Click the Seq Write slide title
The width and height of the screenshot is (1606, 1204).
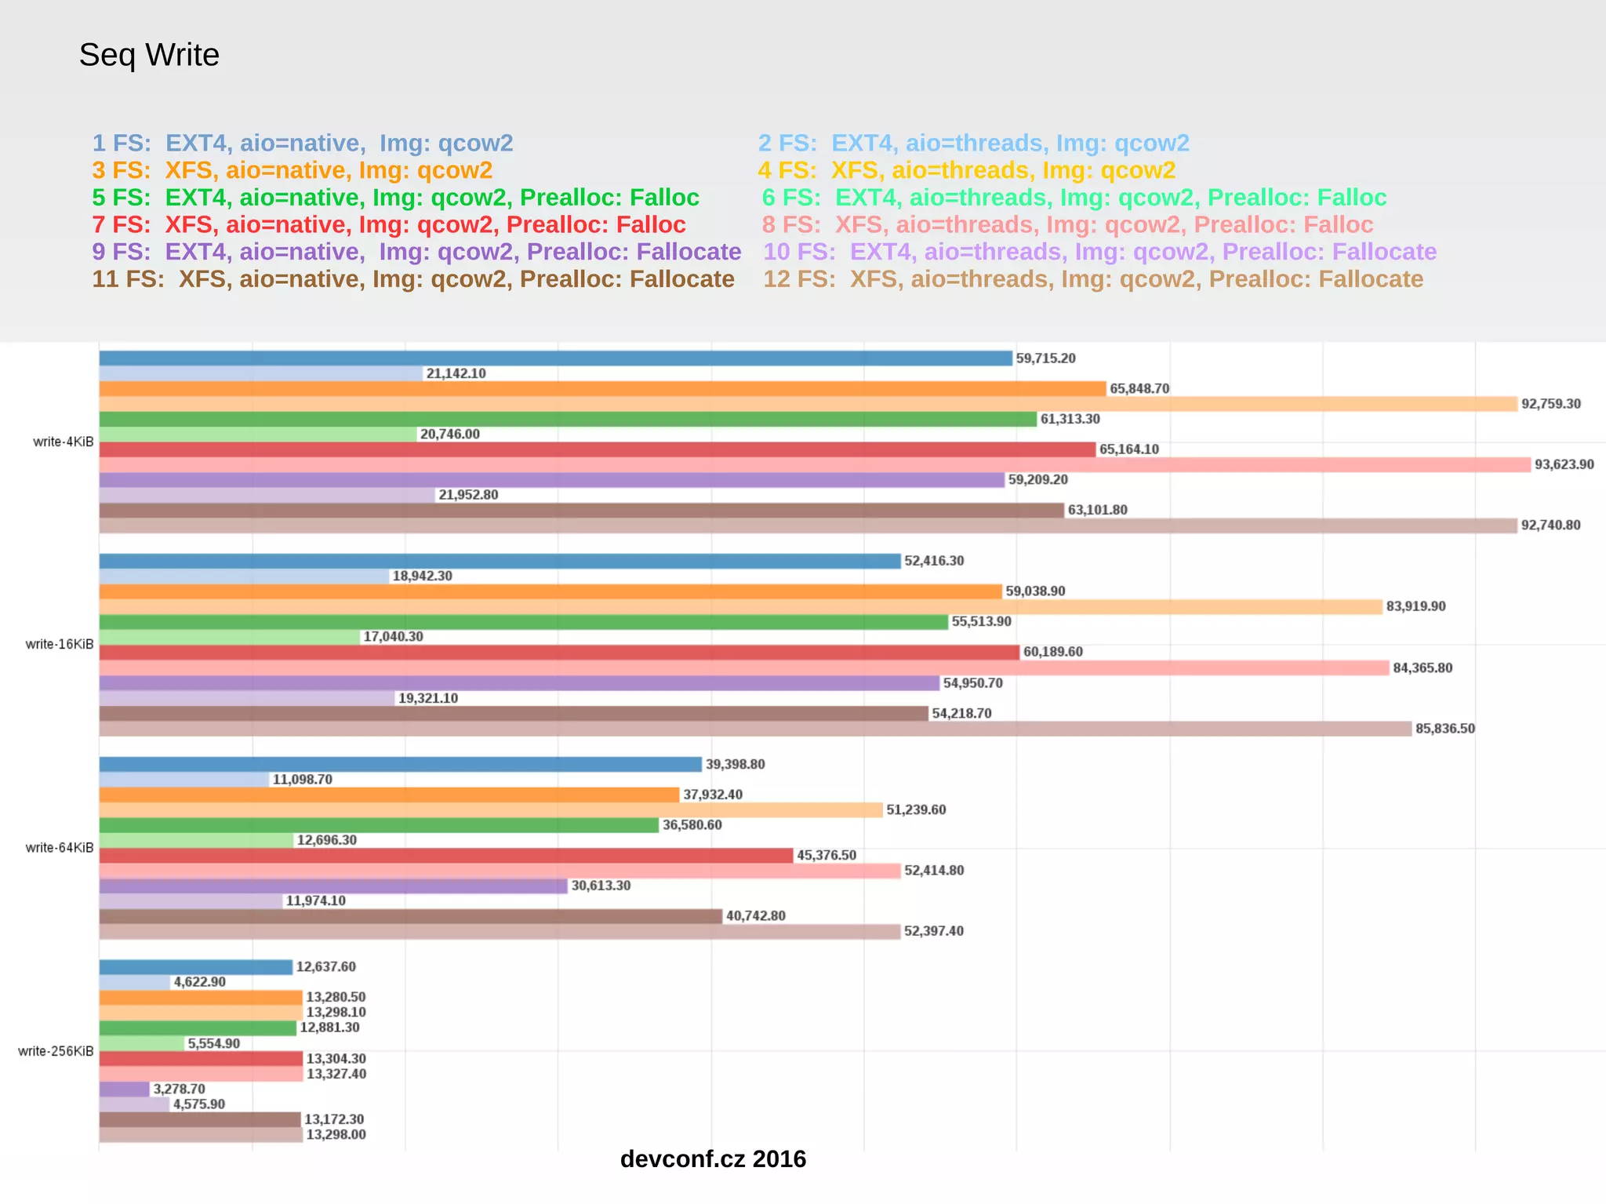[149, 55]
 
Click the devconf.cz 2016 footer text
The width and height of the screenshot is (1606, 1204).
[712, 1159]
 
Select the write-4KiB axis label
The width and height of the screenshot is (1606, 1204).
[63, 442]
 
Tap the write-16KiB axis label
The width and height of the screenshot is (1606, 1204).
[59, 644]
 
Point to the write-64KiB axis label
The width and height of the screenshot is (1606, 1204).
[59, 847]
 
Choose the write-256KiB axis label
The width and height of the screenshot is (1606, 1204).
[56, 1051]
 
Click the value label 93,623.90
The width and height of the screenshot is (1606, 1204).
[1564, 464]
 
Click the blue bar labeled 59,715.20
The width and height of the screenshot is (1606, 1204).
[555, 358]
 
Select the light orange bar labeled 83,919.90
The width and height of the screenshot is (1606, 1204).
[740, 606]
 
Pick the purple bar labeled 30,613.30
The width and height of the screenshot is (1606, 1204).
[332, 886]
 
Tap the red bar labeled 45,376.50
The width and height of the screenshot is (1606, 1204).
[445, 855]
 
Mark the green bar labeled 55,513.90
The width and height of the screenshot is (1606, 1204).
[523, 622]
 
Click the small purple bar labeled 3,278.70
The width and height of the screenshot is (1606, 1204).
[124, 1089]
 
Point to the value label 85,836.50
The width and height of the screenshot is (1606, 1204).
[1444, 729]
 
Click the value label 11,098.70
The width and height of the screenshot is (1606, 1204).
[302, 780]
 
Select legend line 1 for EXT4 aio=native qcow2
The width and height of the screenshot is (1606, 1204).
[303, 143]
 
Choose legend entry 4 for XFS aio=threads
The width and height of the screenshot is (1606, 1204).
[966, 170]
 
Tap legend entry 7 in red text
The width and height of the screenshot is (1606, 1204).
[389, 224]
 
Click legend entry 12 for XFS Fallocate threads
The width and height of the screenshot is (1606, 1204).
[1093, 279]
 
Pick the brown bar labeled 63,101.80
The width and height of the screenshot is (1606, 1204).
[581, 510]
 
